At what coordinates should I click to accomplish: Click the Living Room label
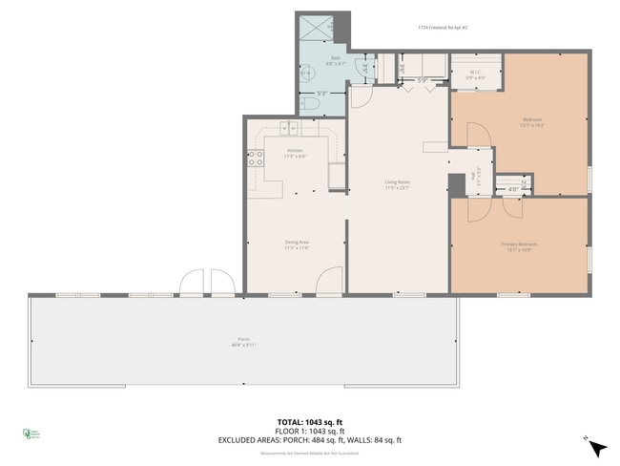[397, 183]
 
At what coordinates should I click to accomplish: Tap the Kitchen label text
[296, 153]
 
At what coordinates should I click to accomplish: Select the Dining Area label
[296, 245]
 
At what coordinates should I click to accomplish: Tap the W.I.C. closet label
[474, 74]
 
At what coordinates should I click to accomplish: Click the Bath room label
[336, 61]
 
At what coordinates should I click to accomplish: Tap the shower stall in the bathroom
[315, 29]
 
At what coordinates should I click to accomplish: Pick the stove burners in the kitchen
[256, 160]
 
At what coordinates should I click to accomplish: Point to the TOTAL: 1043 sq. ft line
[310, 421]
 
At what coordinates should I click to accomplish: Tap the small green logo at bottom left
[29, 434]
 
